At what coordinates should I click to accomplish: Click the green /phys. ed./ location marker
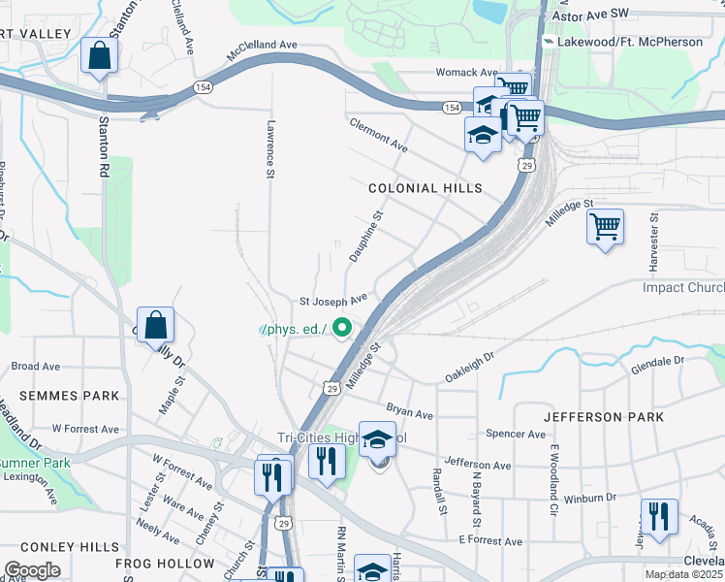[341, 330]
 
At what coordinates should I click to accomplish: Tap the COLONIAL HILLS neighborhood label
[411, 189]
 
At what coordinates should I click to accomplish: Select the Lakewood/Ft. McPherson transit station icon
[549, 43]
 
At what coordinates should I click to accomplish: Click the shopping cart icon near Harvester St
[605, 228]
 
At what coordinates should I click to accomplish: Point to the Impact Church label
[682, 288]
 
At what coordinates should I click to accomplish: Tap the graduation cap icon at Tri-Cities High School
[377, 439]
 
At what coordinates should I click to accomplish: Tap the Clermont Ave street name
[379, 136]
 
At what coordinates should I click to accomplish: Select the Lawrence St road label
[271, 148]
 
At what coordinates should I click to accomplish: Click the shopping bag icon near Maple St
[155, 326]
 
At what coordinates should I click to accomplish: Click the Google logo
[32, 570]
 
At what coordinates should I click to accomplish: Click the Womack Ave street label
[466, 73]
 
